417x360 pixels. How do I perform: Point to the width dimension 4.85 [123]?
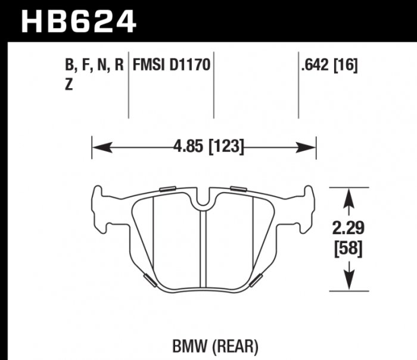204,146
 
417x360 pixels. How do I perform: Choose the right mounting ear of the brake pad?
307,209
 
